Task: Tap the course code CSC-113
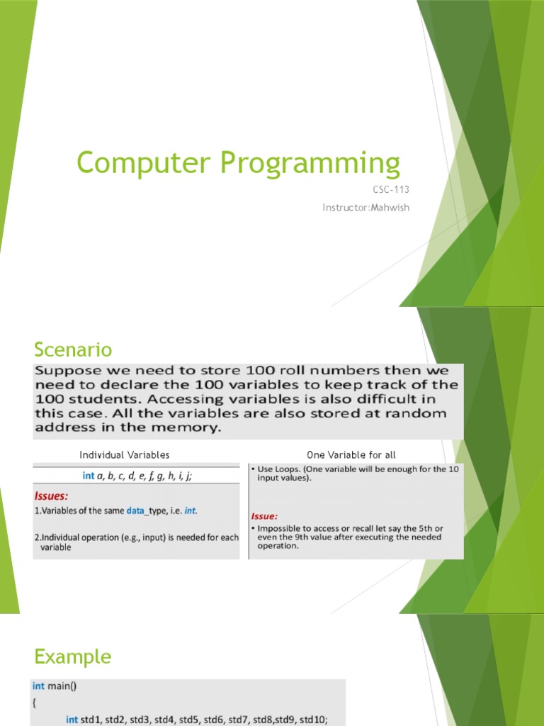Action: pyautogui.click(x=391, y=189)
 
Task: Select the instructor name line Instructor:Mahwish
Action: pyautogui.click(x=365, y=207)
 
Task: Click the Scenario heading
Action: pyautogui.click(x=73, y=349)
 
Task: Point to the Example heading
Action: pyautogui.click(x=72, y=657)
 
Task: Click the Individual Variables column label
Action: pyautogui.click(x=125, y=454)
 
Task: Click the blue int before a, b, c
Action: pyautogui.click(x=88, y=476)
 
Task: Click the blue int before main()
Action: pyautogui.click(x=38, y=685)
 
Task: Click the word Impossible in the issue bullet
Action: pyautogui.click(x=281, y=529)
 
